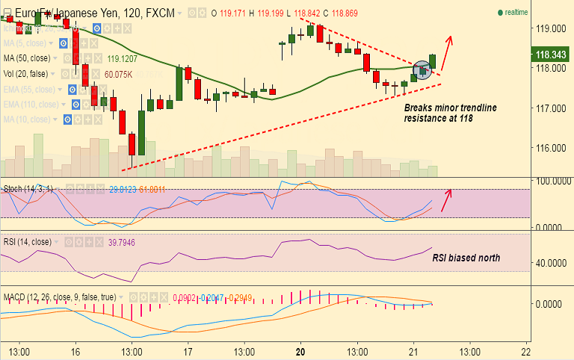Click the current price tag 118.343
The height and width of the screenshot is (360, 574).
552,54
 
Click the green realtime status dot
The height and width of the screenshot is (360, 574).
500,13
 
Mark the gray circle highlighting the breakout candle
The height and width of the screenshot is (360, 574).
422,70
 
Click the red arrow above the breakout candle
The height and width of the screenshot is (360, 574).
447,49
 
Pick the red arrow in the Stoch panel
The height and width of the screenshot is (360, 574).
447,199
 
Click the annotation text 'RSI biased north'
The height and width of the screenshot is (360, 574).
466,258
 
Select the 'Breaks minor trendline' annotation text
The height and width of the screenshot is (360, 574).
450,108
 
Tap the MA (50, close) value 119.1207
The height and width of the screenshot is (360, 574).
122,58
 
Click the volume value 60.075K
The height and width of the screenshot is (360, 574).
118,75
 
